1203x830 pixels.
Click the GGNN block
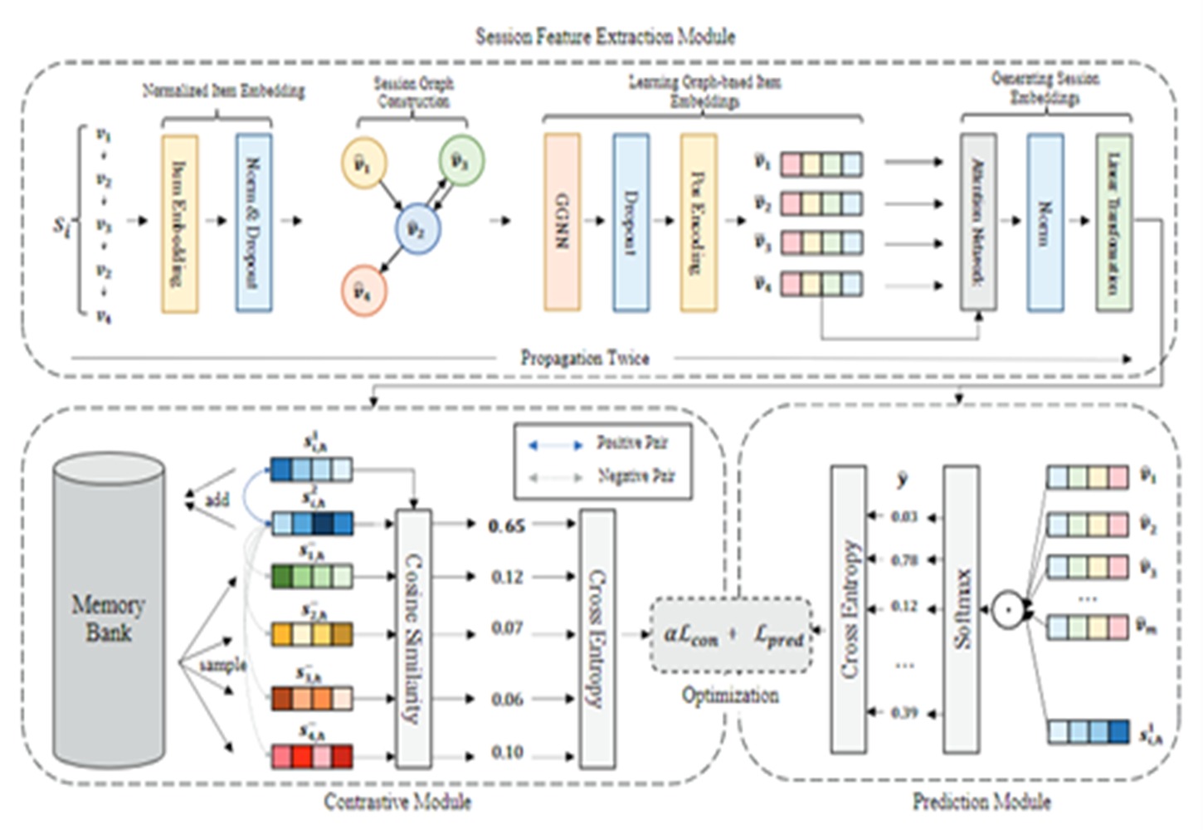562,222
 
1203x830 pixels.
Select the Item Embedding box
179,223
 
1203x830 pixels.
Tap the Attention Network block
978,222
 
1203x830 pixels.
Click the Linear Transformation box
1113,222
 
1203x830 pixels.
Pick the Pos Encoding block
699,222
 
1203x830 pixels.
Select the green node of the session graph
460,160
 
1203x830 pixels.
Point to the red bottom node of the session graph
363,290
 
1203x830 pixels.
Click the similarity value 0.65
506,525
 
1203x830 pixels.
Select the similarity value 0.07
506,628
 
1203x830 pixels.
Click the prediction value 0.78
903,560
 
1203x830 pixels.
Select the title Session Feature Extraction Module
605,37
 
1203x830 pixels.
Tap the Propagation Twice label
585,358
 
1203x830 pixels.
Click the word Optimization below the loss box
730,695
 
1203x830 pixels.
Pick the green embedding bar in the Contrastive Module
312,576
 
